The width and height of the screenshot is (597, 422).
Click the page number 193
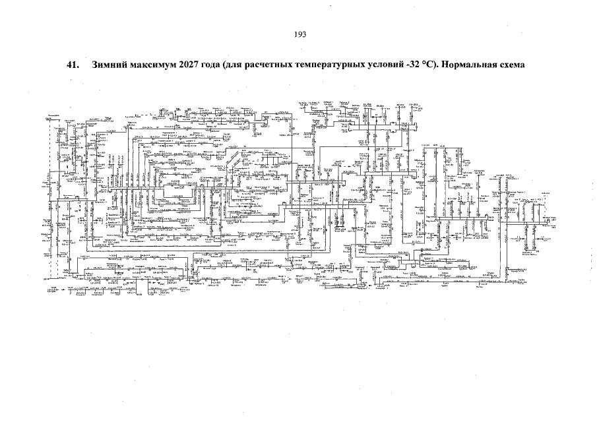299,34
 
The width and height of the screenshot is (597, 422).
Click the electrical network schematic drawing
297,198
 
